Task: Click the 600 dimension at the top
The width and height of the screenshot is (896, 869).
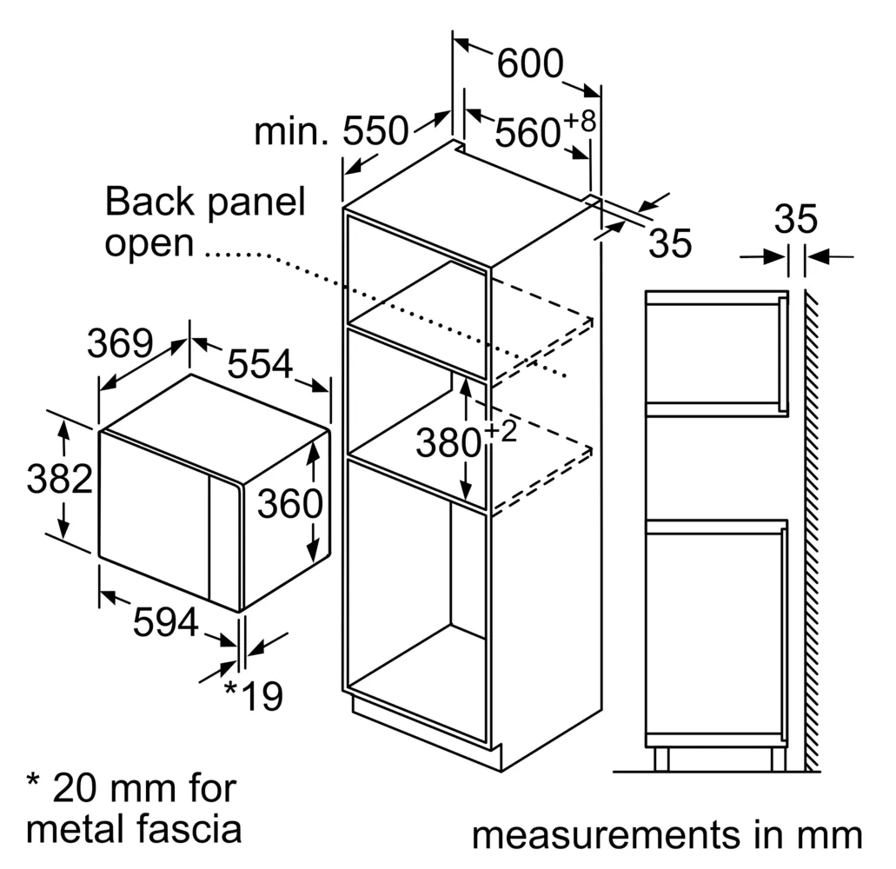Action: tap(530, 63)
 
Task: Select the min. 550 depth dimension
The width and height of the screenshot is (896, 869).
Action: tap(331, 131)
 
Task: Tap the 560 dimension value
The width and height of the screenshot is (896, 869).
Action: tap(528, 133)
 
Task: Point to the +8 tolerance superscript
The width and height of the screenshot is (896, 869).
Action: tap(580, 121)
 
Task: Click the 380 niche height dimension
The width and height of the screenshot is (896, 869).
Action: tap(448, 443)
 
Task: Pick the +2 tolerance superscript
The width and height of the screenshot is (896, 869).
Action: tap(501, 431)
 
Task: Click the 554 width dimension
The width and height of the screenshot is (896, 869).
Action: tap(260, 363)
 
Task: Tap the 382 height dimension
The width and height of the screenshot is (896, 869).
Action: tap(59, 478)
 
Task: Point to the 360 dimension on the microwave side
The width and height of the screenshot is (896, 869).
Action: tap(289, 504)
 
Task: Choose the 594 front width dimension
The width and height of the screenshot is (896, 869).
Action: tap(166, 621)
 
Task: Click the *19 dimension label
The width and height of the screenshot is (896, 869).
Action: tap(254, 695)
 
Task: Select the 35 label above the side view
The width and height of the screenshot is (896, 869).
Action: tap(795, 218)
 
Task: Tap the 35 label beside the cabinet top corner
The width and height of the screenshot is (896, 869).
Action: tap(670, 242)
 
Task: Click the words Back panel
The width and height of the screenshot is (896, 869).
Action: tap(205, 202)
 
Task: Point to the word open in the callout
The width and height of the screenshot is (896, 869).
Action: tap(149, 244)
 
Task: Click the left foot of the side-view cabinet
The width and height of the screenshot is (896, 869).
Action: tap(661, 760)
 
